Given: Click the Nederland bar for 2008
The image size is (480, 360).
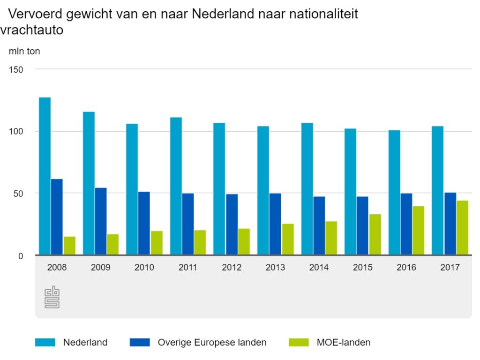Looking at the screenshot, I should [x=45, y=176].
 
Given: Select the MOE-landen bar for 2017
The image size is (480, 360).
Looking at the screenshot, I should [x=462, y=228].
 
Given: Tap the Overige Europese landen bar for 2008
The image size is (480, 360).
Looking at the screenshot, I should [x=57, y=217].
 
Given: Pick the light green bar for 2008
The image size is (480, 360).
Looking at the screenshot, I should [x=69, y=246].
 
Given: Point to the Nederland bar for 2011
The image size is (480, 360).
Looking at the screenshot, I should [x=176, y=186].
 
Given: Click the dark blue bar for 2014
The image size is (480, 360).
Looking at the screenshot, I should [x=319, y=226].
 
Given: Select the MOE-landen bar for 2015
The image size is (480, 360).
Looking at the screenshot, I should [x=375, y=235].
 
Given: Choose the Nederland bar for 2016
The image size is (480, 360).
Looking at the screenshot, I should [x=394, y=193].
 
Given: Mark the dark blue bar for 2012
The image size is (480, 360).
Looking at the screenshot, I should [x=232, y=225].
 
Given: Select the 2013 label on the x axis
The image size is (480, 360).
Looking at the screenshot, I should [x=275, y=268].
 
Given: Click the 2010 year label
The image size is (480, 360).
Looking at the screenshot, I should [x=144, y=268].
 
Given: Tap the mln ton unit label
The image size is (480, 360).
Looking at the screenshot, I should [x=24, y=52].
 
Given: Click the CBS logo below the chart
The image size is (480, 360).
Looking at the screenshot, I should [x=52, y=297].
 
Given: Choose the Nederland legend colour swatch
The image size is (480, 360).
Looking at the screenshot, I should [x=45, y=343].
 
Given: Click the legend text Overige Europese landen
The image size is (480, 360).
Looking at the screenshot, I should [x=212, y=343].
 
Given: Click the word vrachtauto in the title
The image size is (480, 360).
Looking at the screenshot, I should [x=32, y=30].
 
